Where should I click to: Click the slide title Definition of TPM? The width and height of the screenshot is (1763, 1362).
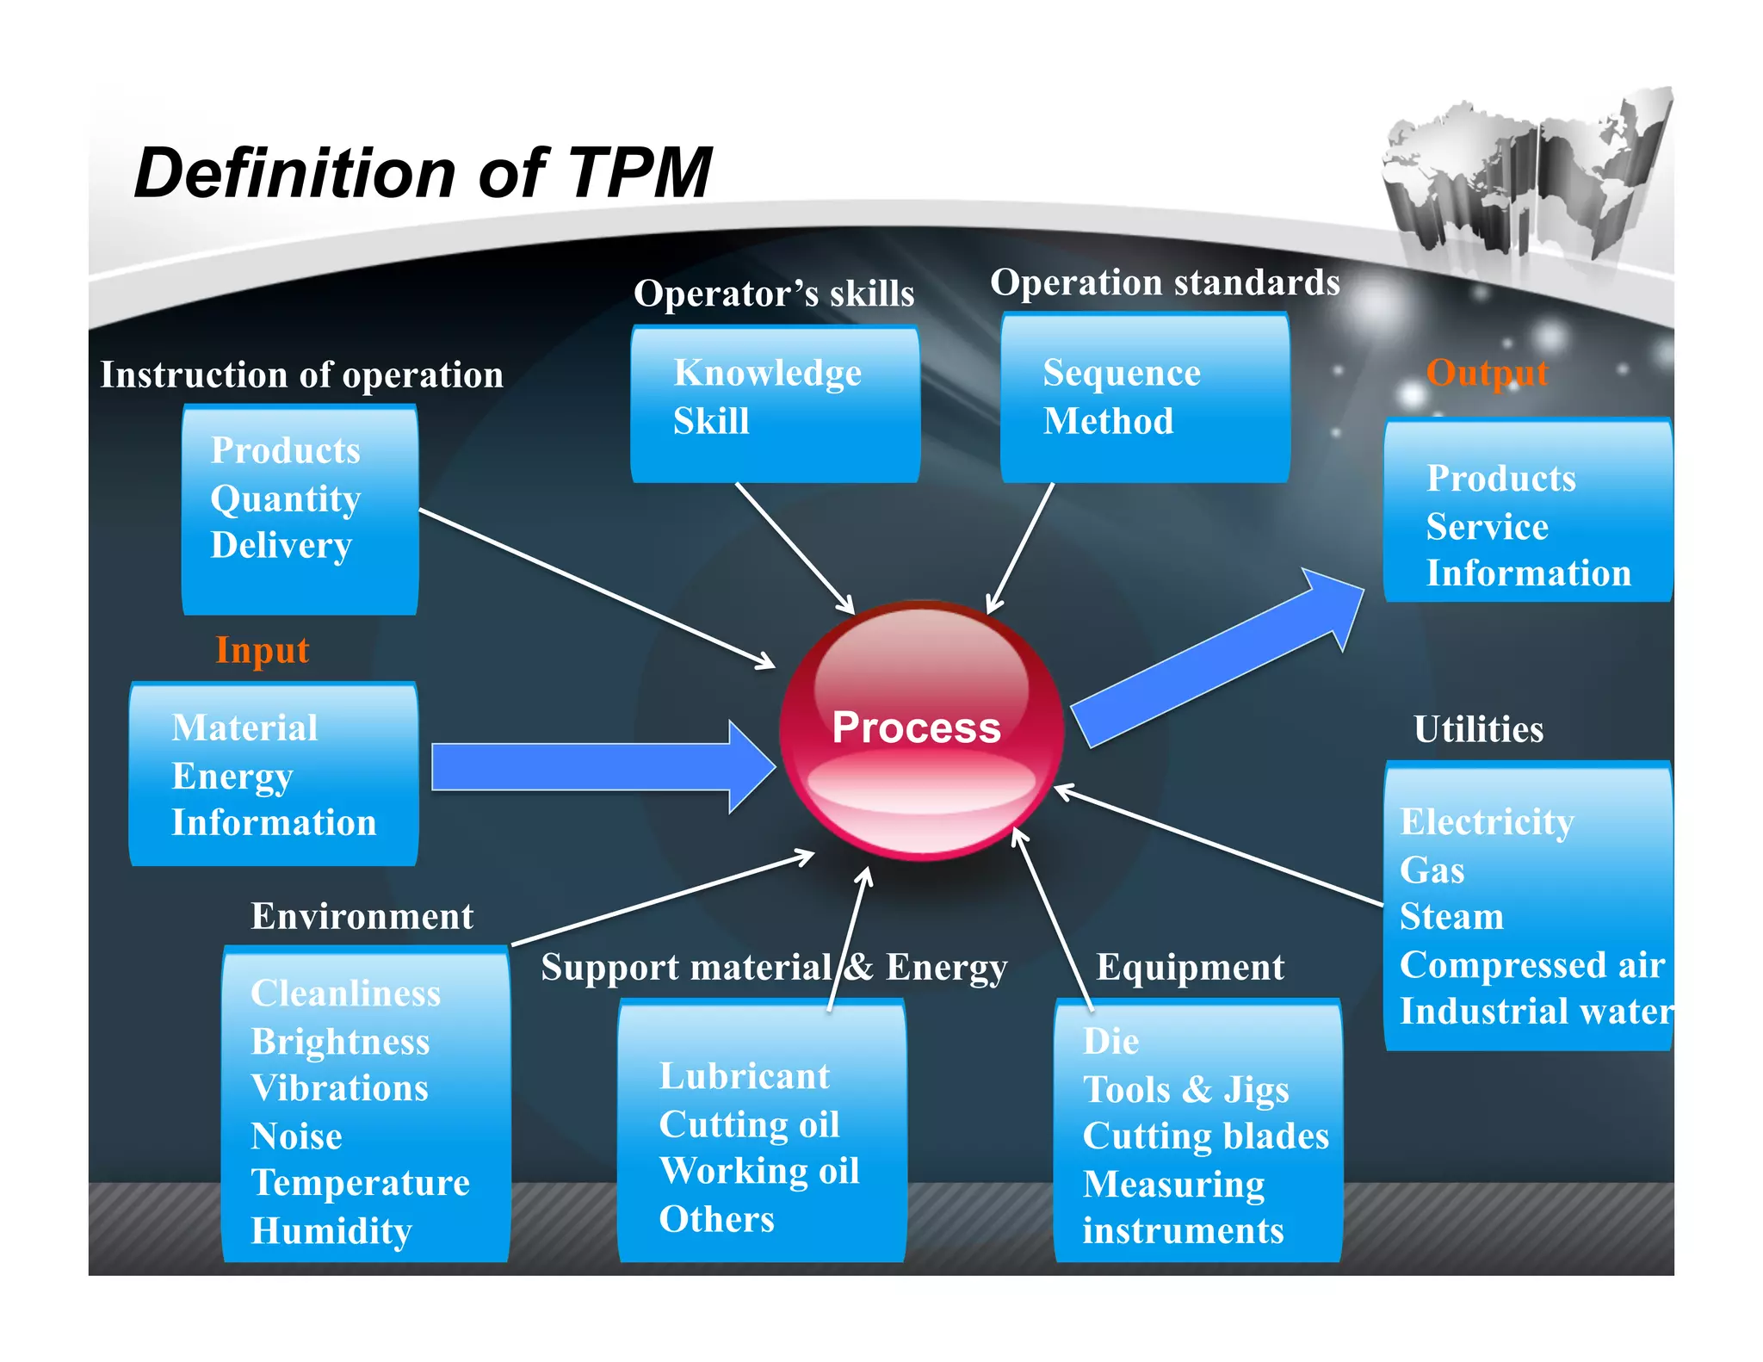423,173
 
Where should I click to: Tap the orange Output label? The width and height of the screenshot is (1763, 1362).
1487,373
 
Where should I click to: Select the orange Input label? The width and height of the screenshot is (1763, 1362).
262,650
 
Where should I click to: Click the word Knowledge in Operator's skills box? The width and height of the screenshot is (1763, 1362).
767,374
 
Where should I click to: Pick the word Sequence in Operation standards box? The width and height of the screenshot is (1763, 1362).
1121,374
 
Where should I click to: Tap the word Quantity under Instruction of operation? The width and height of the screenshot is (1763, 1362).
285,498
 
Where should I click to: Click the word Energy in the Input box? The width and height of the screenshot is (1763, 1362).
232,777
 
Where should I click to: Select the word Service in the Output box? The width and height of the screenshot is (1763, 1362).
1487,527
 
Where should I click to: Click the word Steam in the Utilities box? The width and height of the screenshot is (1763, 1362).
1451,917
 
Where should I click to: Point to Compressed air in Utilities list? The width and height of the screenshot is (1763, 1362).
1531,965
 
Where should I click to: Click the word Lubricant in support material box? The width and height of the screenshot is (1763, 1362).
745,1077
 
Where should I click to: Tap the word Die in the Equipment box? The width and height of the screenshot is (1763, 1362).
1110,1042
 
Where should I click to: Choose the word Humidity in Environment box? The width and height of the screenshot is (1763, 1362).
331,1231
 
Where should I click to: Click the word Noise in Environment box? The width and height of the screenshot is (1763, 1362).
296,1136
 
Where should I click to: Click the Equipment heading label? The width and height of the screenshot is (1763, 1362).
1190,968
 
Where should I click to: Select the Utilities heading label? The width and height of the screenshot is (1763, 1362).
1478,729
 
